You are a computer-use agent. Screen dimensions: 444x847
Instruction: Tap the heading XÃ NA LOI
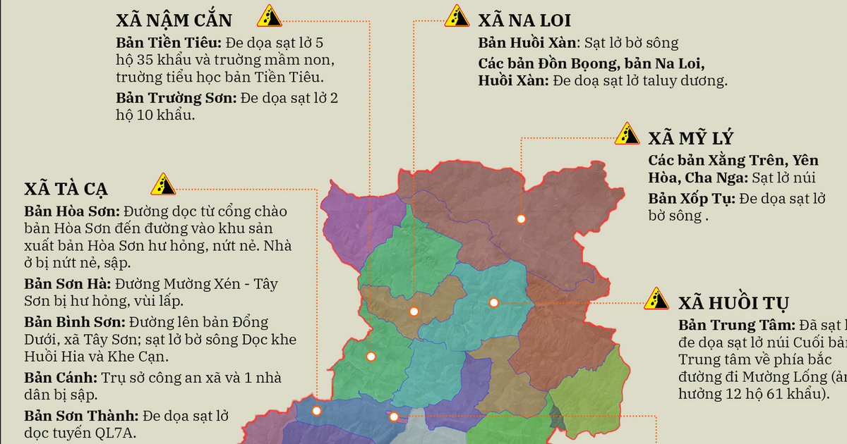pyautogui.click(x=524, y=20)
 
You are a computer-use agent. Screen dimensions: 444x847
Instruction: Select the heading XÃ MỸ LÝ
pyautogui.click(x=691, y=138)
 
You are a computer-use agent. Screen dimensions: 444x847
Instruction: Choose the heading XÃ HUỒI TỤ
pyautogui.click(x=733, y=304)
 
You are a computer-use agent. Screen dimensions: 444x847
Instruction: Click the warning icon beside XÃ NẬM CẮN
pyautogui.click(x=268, y=16)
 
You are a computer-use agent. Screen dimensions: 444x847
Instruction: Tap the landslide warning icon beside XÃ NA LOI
pyautogui.click(x=456, y=15)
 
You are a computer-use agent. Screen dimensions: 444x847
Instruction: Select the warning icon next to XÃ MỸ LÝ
pyautogui.click(x=627, y=133)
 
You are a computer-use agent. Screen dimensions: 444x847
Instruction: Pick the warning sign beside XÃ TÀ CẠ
pyautogui.click(x=163, y=184)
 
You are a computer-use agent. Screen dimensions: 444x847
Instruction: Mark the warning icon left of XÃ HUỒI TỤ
pyautogui.click(x=656, y=299)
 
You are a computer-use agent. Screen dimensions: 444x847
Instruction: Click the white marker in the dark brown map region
pyautogui.click(x=521, y=219)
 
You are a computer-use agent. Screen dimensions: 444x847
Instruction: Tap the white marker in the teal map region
pyautogui.click(x=494, y=302)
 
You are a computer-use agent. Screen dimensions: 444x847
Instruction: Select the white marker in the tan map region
pyautogui.click(x=414, y=312)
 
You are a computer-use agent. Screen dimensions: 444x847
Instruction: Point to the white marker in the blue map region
pyautogui.click(x=316, y=411)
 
